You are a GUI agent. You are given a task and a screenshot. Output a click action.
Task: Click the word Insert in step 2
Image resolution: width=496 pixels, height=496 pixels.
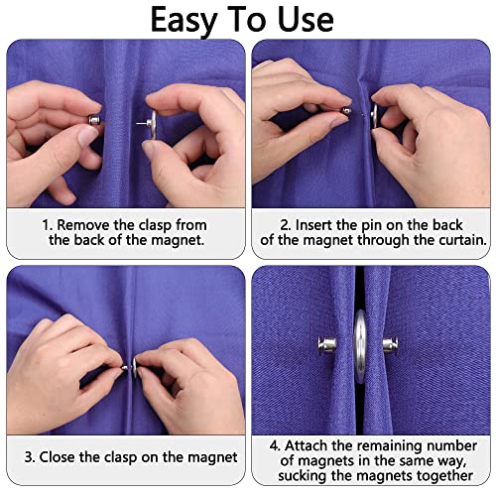click(x=317, y=224)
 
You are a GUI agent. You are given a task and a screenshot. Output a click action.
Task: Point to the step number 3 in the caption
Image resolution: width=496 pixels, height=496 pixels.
click(x=31, y=457)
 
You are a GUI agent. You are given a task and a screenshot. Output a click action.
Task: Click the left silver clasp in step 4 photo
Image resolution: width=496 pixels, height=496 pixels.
click(x=328, y=345)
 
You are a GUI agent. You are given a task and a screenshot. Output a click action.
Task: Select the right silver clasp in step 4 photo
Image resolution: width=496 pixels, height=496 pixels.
click(x=390, y=346)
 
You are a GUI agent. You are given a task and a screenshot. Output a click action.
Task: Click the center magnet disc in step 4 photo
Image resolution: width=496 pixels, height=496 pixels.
click(x=359, y=345)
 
